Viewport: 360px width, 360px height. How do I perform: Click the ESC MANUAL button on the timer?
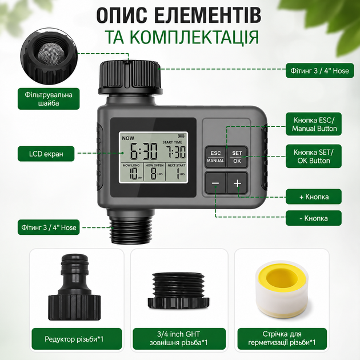[x=215, y=157]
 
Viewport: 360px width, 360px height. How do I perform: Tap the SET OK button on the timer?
[x=237, y=157]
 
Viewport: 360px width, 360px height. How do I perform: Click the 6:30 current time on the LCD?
[x=144, y=151]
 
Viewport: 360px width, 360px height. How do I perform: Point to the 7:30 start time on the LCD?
[x=177, y=151]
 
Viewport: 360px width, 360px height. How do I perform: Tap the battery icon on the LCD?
[x=181, y=136]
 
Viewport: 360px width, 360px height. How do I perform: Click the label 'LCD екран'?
[x=46, y=154]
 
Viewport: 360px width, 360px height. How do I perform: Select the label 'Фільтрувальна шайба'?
[x=49, y=99]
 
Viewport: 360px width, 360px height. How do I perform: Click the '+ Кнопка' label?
[x=314, y=197]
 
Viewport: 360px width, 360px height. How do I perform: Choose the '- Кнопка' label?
[x=314, y=218]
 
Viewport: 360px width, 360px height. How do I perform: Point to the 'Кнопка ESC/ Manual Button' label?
[x=314, y=124]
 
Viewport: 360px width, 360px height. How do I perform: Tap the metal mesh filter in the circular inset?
[x=49, y=54]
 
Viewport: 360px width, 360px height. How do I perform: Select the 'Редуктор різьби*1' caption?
[x=74, y=339]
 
